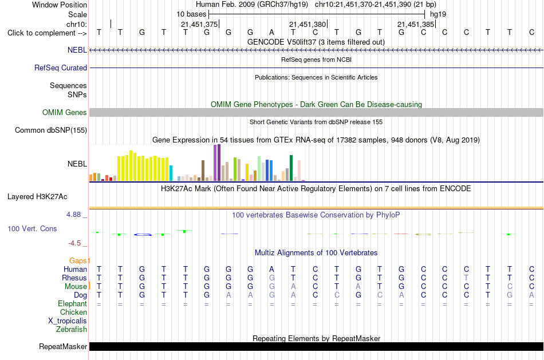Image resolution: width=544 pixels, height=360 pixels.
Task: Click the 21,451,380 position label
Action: point(308,24)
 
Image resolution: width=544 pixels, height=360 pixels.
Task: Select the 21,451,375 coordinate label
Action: point(199,24)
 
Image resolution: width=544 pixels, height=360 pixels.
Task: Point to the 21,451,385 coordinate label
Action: point(416,24)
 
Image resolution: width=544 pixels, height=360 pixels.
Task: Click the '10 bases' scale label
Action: point(191,14)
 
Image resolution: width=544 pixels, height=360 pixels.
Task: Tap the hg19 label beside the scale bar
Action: point(438,14)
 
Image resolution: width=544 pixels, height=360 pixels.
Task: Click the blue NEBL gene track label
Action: point(77,50)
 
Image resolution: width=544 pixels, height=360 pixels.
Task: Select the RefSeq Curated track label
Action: point(60,68)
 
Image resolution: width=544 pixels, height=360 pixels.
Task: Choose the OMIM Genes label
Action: point(65,112)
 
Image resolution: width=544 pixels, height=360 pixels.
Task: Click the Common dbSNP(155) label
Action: point(50,130)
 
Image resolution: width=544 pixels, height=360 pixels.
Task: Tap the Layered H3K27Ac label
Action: point(37,197)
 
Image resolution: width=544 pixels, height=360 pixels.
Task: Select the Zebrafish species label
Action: point(72,329)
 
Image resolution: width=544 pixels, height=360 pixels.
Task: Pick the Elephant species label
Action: point(72,303)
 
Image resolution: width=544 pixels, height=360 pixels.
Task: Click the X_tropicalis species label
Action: point(68,321)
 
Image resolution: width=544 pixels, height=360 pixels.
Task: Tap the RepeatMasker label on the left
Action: point(63,346)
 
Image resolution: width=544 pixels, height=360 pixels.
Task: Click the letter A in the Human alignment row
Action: point(271,269)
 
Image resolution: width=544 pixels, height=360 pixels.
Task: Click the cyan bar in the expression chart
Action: point(171,173)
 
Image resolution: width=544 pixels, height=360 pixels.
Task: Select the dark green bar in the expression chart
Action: point(291,168)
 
